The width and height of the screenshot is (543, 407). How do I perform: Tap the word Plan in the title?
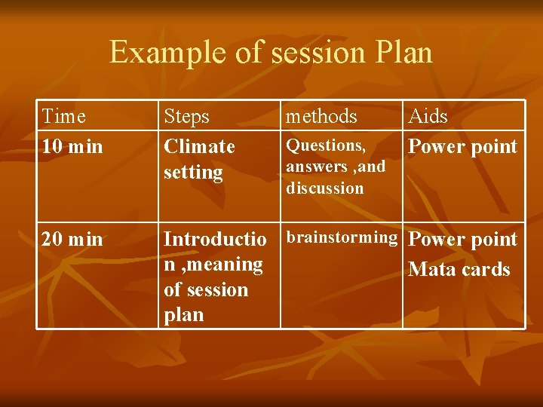(x=402, y=53)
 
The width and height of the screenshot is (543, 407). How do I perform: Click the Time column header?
(x=64, y=116)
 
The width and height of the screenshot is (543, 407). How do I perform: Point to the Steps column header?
(x=187, y=116)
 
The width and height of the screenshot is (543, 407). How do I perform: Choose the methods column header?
(x=321, y=116)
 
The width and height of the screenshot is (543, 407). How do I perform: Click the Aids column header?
(x=428, y=116)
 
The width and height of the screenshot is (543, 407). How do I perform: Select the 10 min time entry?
(x=72, y=146)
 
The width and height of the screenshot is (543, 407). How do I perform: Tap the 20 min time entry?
(x=72, y=240)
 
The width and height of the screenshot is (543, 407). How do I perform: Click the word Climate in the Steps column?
(x=199, y=146)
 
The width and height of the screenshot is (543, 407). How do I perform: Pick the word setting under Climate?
(x=193, y=173)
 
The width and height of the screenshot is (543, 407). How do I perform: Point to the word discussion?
(x=324, y=188)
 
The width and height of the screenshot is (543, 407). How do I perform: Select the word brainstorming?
(x=342, y=238)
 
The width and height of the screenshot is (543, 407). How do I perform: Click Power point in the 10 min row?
(x=462, y=146)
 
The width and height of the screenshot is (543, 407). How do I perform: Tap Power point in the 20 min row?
(x=462, y=240)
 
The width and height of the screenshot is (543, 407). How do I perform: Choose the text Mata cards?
(x=459, y=269)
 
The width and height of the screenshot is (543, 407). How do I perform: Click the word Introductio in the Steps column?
(x=215, y=240)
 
